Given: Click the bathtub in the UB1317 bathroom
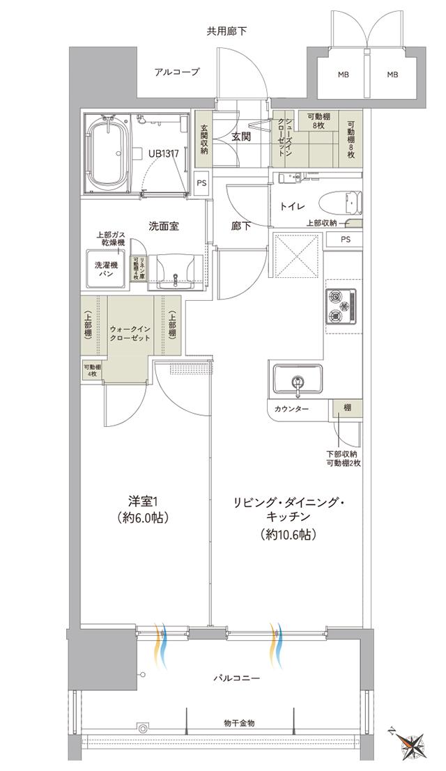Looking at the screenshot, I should (106, 155).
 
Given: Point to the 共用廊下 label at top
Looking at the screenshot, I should (226, 31).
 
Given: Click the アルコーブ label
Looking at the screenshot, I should (177, 72).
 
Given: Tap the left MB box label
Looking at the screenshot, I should (344, 75).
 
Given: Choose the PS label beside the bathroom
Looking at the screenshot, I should (201, 184).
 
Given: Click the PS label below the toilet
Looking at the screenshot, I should (346, 239).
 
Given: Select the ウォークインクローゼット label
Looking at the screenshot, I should (131, 333).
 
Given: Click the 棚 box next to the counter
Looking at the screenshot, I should (346, 408).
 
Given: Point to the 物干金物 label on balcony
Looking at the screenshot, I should (239, 723).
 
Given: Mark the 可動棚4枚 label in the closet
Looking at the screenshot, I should (91, 371).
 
